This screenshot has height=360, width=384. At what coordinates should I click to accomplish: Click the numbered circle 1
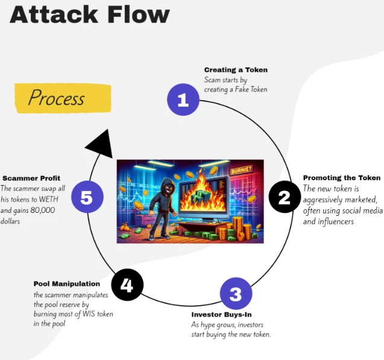coord(183,99)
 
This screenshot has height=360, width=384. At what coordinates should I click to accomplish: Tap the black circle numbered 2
coord(285,196)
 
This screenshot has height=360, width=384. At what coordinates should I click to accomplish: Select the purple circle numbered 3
coord(236,294)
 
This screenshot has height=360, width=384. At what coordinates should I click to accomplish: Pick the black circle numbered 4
coord(127,284)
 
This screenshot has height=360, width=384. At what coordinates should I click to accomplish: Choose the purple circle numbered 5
coord(87,197)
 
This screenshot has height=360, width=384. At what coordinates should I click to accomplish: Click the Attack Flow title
coord(90,14)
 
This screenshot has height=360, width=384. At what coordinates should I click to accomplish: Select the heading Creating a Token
coord(236,70)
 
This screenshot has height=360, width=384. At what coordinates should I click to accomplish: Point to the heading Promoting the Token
coord(341,178)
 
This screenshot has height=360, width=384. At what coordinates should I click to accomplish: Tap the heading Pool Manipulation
coord(66,283)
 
